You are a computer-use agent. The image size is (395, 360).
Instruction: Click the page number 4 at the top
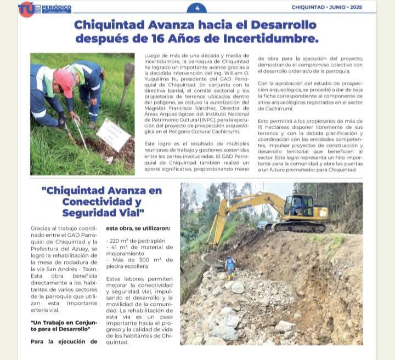[x=197, y=8]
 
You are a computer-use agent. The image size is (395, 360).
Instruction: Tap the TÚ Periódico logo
[x=45, y=9]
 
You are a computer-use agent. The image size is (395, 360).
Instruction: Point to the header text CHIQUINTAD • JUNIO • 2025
[x=334, y=8]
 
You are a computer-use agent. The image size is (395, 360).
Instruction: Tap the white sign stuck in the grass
[x=114, y=135]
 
